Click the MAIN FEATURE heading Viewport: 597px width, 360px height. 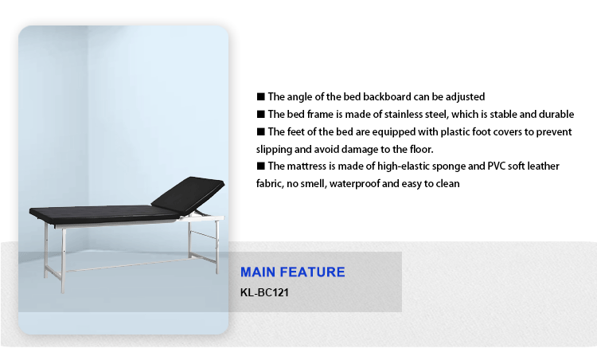pyautogui.click(x=292, y=272)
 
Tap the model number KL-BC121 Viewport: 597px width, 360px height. pyautogui.click(x=264, y=292)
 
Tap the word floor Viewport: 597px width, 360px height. pyautogui.click(x=421, y=149)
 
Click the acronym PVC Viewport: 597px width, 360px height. pyautogui.click(x=496, y=166)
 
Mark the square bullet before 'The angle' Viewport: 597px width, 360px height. pyautogui.click(x=261, y=96)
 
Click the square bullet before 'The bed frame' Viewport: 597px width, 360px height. pyautogui.click(x=261, y=114)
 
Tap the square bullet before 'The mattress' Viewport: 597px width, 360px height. pyautogui.click(x=261, y=166)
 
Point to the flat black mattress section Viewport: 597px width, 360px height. pyautogui.click(x=103, y=214)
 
